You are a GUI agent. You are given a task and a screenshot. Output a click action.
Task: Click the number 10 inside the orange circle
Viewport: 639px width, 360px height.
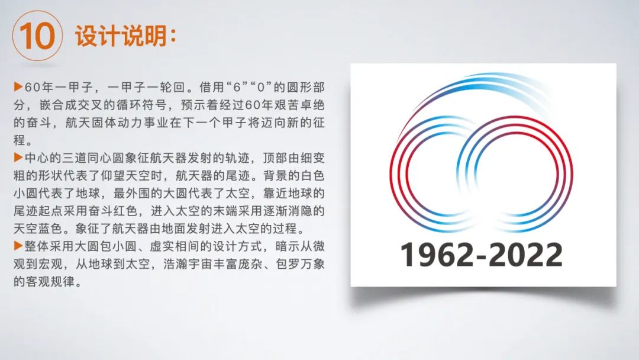(x=37, y=36)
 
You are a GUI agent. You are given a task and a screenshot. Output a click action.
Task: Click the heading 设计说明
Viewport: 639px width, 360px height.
(x=121, y=36)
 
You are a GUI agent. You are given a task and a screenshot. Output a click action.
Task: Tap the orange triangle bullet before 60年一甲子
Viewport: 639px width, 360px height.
(x=18, y=86)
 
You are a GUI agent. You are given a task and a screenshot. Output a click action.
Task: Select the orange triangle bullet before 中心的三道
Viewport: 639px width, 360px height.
(x=18, y=157)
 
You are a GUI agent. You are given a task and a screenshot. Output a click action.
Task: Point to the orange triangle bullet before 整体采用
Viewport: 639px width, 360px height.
(x=18, y=246)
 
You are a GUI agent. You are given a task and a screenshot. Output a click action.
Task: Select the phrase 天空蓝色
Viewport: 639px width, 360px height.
(x=38, y=229)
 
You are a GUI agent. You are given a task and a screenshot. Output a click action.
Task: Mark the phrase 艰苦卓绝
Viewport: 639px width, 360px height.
(x=300, y=105)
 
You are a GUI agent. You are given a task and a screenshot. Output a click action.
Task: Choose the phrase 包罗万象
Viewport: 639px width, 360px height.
(x=300, y=263)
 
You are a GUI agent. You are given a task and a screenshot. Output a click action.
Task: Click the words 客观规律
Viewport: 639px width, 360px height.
(x=50, y=281)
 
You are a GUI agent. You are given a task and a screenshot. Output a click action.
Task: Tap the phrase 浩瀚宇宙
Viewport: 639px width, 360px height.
(x=188, y=263)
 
